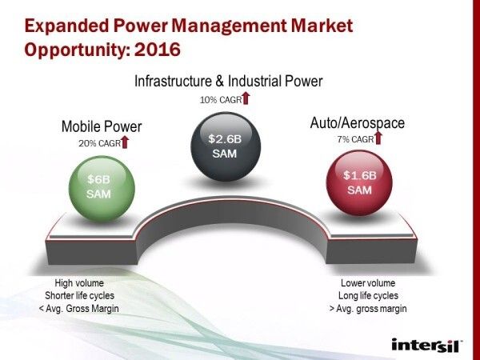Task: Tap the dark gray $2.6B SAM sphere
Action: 224,145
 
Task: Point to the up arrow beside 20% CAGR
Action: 125,142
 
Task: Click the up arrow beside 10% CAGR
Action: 246,99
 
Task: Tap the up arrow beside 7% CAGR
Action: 378,138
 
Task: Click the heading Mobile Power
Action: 102,126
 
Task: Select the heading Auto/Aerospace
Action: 358,123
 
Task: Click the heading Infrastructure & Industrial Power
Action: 228,82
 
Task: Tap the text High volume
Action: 79,282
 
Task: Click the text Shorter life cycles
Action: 79,295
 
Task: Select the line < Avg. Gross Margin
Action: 79,309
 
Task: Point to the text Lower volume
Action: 368,282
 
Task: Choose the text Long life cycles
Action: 368,295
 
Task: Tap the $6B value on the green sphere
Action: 98,179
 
